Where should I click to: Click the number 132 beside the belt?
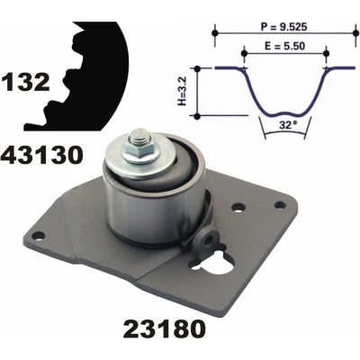[25, 83]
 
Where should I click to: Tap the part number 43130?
[41, 155]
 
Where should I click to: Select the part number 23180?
[165, 328]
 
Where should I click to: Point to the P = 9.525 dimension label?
[283, 27]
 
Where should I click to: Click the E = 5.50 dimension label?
[285, 46]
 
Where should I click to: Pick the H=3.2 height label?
[183, 91]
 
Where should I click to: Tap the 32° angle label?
[286, 125]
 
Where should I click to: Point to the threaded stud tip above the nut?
[139, 136]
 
